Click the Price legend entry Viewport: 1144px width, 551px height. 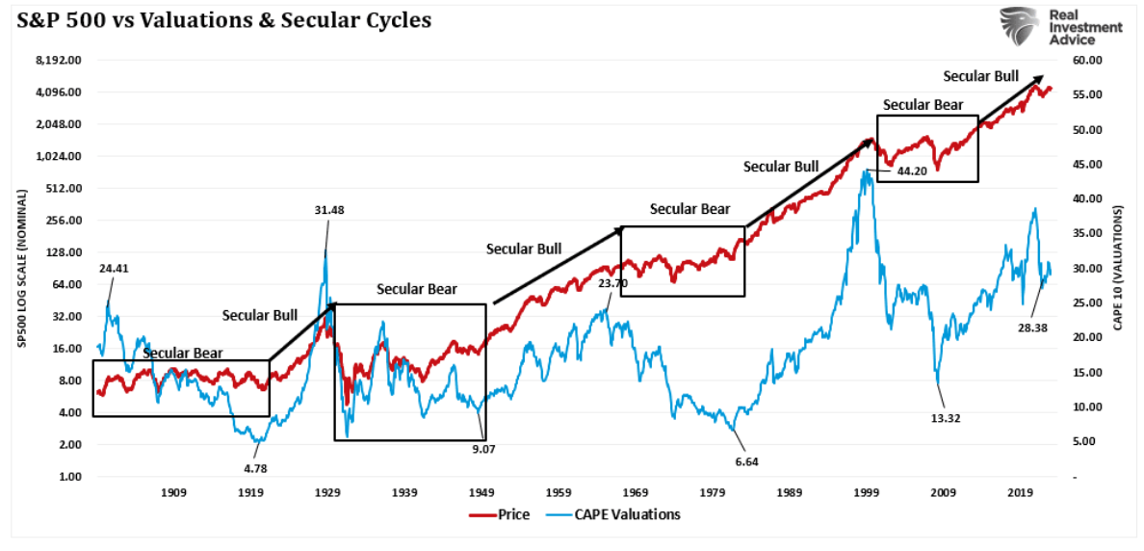point(500,514)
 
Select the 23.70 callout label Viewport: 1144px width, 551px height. point(612,284)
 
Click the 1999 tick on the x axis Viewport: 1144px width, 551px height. point(866,493)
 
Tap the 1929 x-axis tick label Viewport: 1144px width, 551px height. point(327,493)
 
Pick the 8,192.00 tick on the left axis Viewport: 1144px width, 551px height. point(61,60)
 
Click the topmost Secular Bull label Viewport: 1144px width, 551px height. point(980,76)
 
